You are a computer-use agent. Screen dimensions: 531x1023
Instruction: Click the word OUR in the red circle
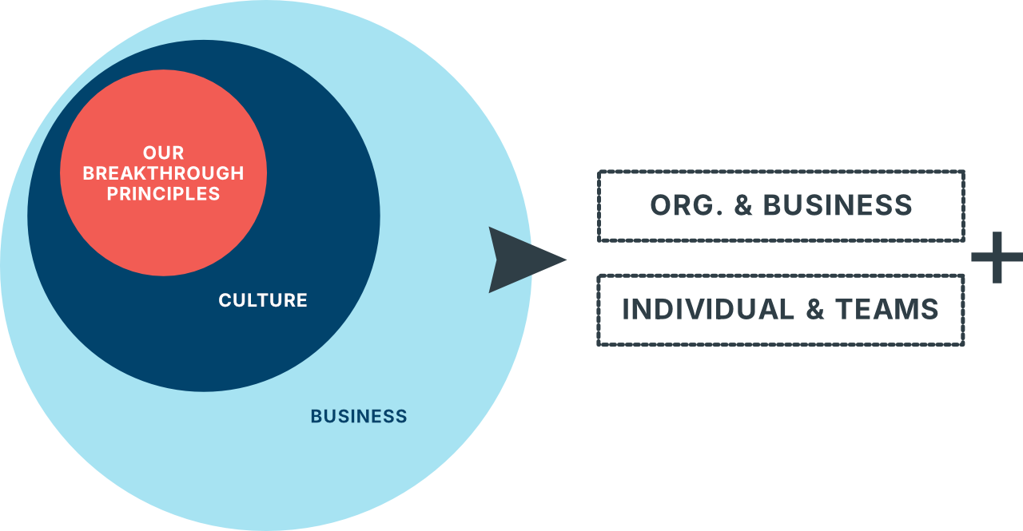coord(163,153)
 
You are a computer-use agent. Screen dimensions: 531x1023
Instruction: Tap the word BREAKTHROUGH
coord(163,173)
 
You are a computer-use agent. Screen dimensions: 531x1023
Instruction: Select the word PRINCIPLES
coord(163,193)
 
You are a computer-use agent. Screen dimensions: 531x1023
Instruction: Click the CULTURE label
coord(263,300)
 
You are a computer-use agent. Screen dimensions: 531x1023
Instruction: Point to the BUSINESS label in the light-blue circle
coord(359,416)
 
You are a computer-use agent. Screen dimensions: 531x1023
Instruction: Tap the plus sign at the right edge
coord(997,257)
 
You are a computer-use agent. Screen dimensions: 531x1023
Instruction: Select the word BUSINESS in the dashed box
coord(838,205)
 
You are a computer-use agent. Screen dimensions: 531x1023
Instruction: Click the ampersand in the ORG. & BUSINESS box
coord(743,205)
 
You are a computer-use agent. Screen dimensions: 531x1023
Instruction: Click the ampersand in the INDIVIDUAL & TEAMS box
coord(814,309)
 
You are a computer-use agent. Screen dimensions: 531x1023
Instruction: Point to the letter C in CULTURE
coord(225,300)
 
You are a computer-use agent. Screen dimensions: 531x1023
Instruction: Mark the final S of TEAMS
coord(930,309)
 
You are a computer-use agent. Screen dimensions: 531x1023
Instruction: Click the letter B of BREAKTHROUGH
coord(89,173)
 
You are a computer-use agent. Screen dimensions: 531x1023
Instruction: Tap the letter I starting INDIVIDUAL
coord(627,309)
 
